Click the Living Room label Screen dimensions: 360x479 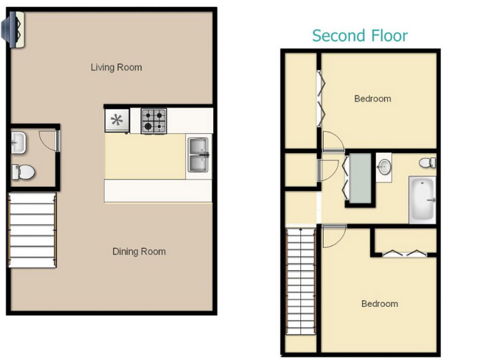(116, 68)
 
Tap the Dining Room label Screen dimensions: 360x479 (139, 252)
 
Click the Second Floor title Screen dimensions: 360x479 (360, 35)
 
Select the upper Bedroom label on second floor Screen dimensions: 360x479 (372, 99)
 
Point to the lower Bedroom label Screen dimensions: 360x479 (379, 303)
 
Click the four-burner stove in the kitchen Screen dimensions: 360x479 (155, 121)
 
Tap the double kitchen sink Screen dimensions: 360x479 (198, 154)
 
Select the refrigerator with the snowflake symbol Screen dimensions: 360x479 (117, 121)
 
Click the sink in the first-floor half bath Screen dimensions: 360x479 (18, 143)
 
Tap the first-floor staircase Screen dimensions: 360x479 (32, 229)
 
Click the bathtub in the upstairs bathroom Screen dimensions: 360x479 (422, 200)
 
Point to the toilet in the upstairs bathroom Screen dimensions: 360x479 (429, 163)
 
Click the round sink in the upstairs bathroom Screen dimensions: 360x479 (384, 166)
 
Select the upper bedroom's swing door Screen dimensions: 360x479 (333, 141)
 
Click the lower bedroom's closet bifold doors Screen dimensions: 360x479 (404, 252)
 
